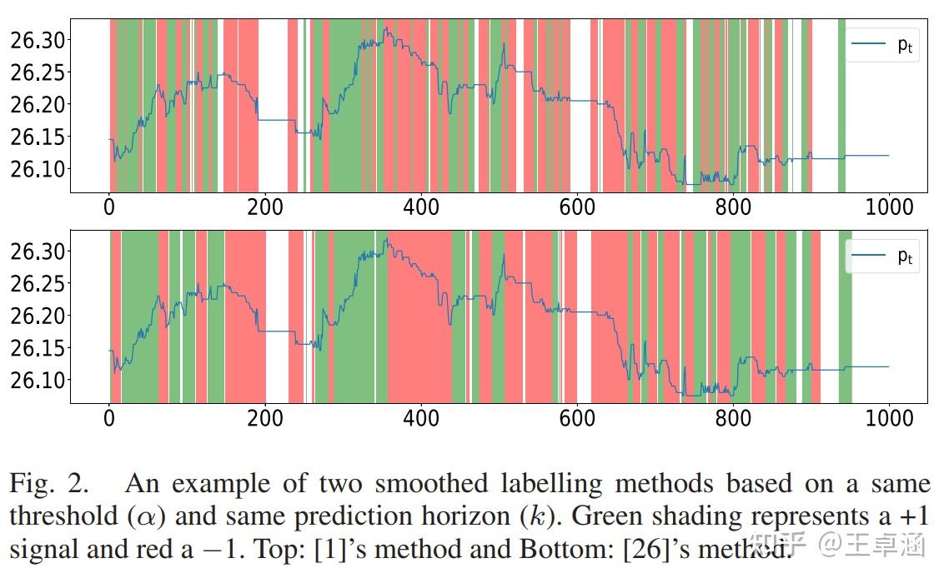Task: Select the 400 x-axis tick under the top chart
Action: [421, 207]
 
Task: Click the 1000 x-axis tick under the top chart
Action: [889, 207]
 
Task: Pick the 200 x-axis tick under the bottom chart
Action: [265, 418]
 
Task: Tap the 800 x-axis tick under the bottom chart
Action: [733, 418]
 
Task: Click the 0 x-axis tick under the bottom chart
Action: [109, 418]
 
